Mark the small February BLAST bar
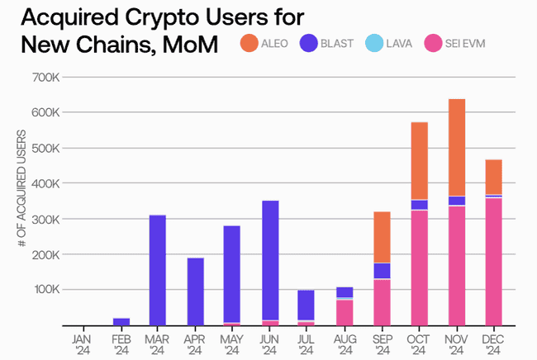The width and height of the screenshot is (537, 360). coord(121,321)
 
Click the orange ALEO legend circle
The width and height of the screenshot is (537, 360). coord(249,43)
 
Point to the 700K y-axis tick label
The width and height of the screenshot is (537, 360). coord(45,78)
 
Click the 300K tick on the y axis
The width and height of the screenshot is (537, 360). coord(45,219)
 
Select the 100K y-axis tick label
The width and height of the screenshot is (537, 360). coord(45,290)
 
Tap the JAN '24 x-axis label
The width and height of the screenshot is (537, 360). coord(83,343)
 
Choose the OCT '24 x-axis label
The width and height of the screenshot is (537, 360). coord(419,343)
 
